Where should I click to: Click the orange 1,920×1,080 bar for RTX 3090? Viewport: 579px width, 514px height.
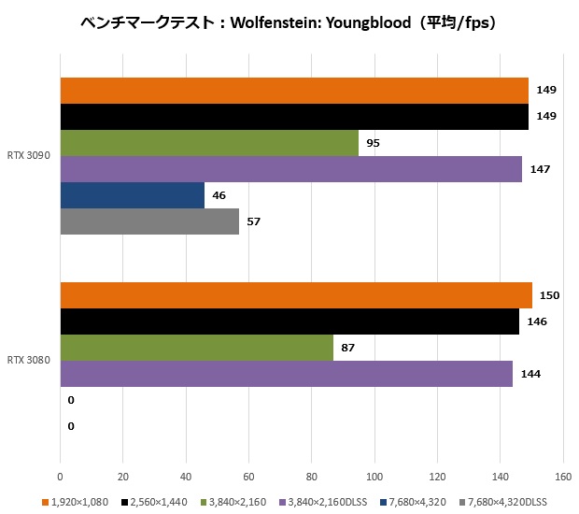(x=294, y=91)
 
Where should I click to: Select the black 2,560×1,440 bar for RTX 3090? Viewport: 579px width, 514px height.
(x=294, y=117)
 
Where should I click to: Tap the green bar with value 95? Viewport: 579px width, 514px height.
(x=209, y=143)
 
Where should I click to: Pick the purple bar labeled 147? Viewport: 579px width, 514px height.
(x=291, y=169)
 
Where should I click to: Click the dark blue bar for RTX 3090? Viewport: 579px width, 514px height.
(x=133, y=195)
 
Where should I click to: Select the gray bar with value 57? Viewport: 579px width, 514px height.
(x=149, y=221)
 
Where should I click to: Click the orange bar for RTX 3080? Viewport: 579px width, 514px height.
(x=296, y=295)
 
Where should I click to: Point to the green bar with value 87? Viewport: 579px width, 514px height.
(x=197, y=348)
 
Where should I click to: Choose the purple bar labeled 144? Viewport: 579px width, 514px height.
(x=287, y=374)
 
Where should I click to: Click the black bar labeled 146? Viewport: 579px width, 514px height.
(x=289, y=321)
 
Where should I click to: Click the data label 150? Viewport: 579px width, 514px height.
(x=549, y=295)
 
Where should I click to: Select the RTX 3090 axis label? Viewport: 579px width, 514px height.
(x=28, y=156)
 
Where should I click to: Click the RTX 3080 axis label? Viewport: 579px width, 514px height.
(x=28, y=360)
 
